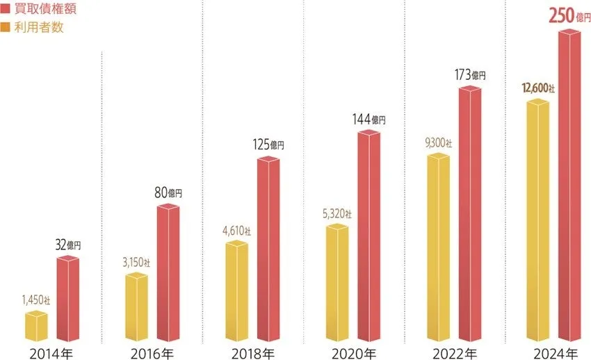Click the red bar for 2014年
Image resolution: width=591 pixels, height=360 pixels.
pos(67,299)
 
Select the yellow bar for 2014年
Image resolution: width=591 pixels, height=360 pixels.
pos(36,326)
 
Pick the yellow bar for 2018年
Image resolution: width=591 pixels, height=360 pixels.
pos(236,291)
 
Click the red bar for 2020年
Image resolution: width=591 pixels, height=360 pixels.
pos(369,236)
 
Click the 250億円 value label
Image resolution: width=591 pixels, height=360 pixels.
pos(565,15)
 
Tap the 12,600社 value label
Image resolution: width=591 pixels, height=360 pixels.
pos(538,88)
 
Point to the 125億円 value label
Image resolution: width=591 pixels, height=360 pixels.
pos(268,145)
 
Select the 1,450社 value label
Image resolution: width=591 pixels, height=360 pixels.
pos(35,300)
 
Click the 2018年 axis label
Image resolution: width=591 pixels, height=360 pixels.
pos(252,352)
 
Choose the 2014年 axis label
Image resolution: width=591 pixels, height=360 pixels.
pos(51,352)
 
